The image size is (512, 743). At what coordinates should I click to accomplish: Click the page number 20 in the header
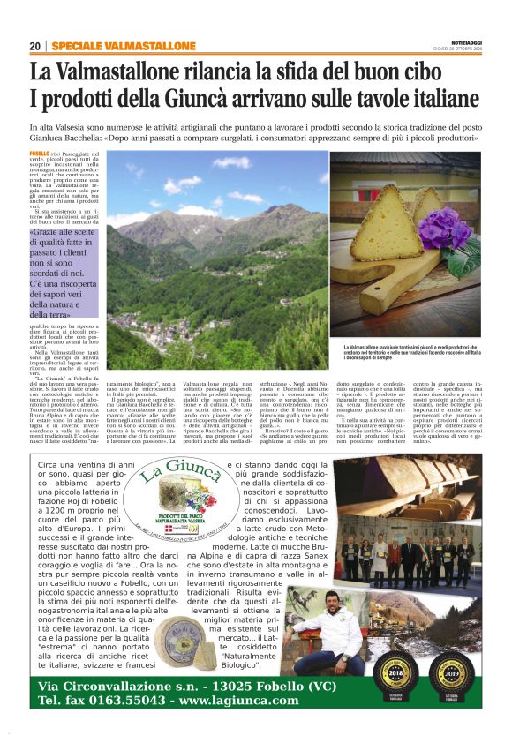(x=34, y=45)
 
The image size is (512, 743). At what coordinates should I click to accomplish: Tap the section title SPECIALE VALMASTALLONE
(x=113, y=45)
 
